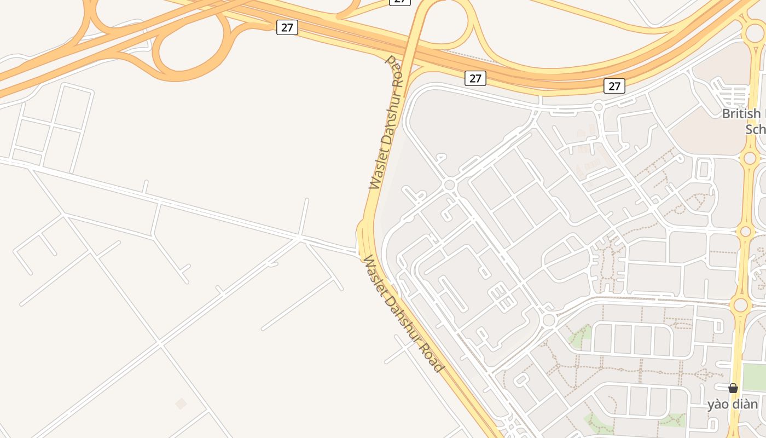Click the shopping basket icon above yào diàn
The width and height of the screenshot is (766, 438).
click(x=733, y=388)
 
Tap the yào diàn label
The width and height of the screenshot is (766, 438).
click(x=733, y=405)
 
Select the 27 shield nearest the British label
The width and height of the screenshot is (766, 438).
click(x=614, y=86)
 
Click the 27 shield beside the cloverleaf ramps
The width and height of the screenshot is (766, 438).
click(x=287, y=27)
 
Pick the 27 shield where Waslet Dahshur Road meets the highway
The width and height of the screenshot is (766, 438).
click(x=475, y=78)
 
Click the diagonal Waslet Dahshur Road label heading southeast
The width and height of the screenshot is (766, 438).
click(x=403, y=314)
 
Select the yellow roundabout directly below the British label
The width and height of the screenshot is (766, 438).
click(x=750, y=158)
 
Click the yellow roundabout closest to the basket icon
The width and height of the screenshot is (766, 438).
click(x=740, y=305)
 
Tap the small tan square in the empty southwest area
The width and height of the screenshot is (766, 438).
click(x=181, y=404)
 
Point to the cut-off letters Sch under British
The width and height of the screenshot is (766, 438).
click(x=755, y=129)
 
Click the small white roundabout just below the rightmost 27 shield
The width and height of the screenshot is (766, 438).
click(x=598, y=106)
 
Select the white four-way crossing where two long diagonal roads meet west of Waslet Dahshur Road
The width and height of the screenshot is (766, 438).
click(x=299, y=237)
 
